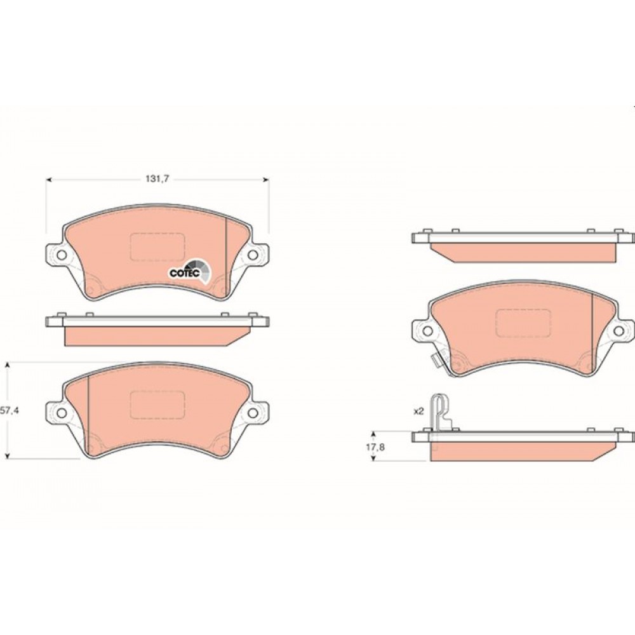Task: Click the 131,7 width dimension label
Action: coord(157,179)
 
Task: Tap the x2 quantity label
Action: coord(418,411)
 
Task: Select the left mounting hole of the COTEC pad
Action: coord(62,255)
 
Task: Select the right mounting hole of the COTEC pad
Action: coord(253,255)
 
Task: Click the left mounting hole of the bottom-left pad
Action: coord(62,413)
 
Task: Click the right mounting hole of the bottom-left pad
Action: coord(253,413)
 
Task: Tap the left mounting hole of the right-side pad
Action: coord(427,331)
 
